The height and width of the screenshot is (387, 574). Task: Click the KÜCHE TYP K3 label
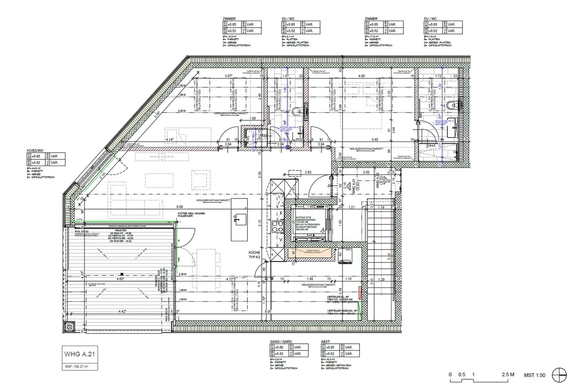click(255, 255)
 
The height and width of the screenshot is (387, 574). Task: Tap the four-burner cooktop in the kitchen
click(277, 227)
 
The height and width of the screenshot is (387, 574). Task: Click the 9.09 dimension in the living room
click(180, 207)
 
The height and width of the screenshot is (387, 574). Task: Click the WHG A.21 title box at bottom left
click(79, 354)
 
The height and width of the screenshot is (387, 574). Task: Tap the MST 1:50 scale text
click(535, 375)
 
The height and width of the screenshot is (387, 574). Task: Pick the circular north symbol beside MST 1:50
click(559, 375)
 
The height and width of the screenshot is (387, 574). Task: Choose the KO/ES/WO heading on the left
click(35, 150)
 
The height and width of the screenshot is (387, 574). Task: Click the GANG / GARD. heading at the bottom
click(281, 342)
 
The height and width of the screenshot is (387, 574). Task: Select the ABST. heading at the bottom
click(326, 342)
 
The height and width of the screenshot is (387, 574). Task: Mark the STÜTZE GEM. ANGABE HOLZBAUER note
click(191, 215)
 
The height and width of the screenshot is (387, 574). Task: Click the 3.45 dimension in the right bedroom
click(375, 140)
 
